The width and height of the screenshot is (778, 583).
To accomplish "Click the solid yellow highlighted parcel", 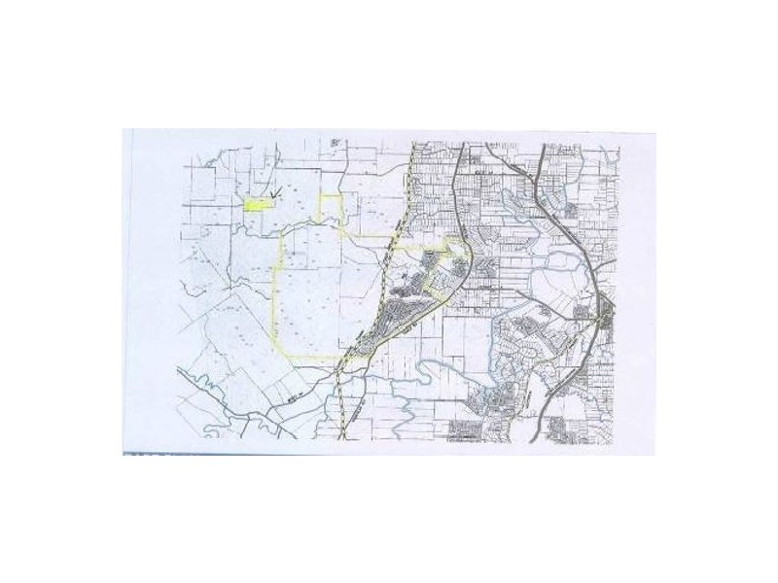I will [255, 205].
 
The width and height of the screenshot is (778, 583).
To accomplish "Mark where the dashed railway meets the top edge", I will [414, 146].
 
